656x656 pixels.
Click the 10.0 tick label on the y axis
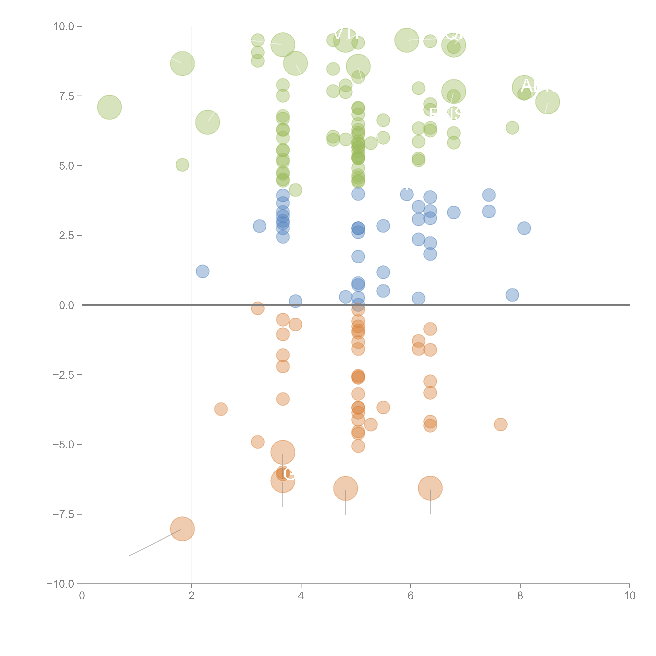click(64, 27)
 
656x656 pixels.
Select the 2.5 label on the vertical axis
click(67, 236)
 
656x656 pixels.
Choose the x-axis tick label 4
click(301, 596)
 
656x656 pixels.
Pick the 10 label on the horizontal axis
click(629, 596)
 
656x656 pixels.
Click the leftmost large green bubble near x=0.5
click(109, 107)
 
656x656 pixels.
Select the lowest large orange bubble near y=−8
click(182, 529)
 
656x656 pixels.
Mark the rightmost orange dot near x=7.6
click(501, 424)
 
